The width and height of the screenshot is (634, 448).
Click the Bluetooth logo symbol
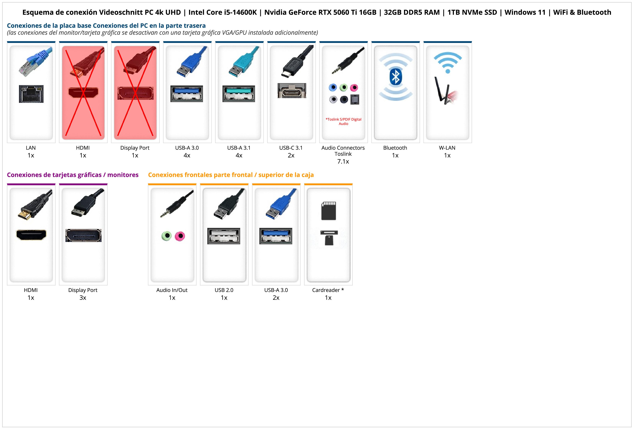[395, 77]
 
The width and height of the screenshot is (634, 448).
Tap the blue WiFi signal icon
[448, 63]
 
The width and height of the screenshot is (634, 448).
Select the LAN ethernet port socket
[31, 94]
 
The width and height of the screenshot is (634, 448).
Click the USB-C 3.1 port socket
[292, 91]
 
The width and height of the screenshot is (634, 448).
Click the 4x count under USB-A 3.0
[187, 155]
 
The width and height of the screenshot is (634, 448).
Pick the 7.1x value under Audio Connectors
[343, 162]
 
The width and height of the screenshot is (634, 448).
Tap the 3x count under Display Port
[83, 298]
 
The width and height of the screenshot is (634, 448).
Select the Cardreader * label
[328, 290]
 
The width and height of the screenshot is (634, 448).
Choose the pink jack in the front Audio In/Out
[180, 236]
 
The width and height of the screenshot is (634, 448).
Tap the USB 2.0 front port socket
[224, 236]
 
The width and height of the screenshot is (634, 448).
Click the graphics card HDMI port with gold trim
[31, 235]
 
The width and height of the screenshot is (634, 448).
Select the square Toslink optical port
[355, 99]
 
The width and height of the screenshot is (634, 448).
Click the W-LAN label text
[447, 148]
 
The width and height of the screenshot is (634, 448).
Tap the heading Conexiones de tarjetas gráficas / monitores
[73, 175]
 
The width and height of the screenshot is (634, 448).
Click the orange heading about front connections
[231, 175]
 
